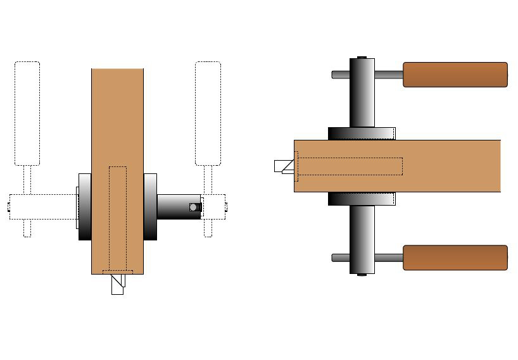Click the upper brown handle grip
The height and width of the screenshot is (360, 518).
point(455,74)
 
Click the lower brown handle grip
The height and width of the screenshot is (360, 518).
point(455,258)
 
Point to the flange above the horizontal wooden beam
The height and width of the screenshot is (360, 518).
point(362,133)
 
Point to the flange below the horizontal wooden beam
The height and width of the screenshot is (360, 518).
point(362,199)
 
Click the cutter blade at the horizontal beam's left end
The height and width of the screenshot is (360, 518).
point(284,166)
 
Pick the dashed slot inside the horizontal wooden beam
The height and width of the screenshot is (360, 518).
point(350,166)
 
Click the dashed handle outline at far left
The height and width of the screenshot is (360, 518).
point(27,114)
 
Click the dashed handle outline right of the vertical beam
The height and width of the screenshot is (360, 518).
point(208,114)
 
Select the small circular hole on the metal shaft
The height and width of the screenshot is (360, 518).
point(194,207)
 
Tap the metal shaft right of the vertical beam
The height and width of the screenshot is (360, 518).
point(177,207)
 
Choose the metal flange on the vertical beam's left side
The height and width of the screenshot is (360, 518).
point(85,207)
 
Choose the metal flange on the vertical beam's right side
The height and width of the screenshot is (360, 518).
point(150,207)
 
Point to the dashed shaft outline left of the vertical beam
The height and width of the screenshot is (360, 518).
point(43,207)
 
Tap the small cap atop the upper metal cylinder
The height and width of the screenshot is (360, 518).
point(362,57)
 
